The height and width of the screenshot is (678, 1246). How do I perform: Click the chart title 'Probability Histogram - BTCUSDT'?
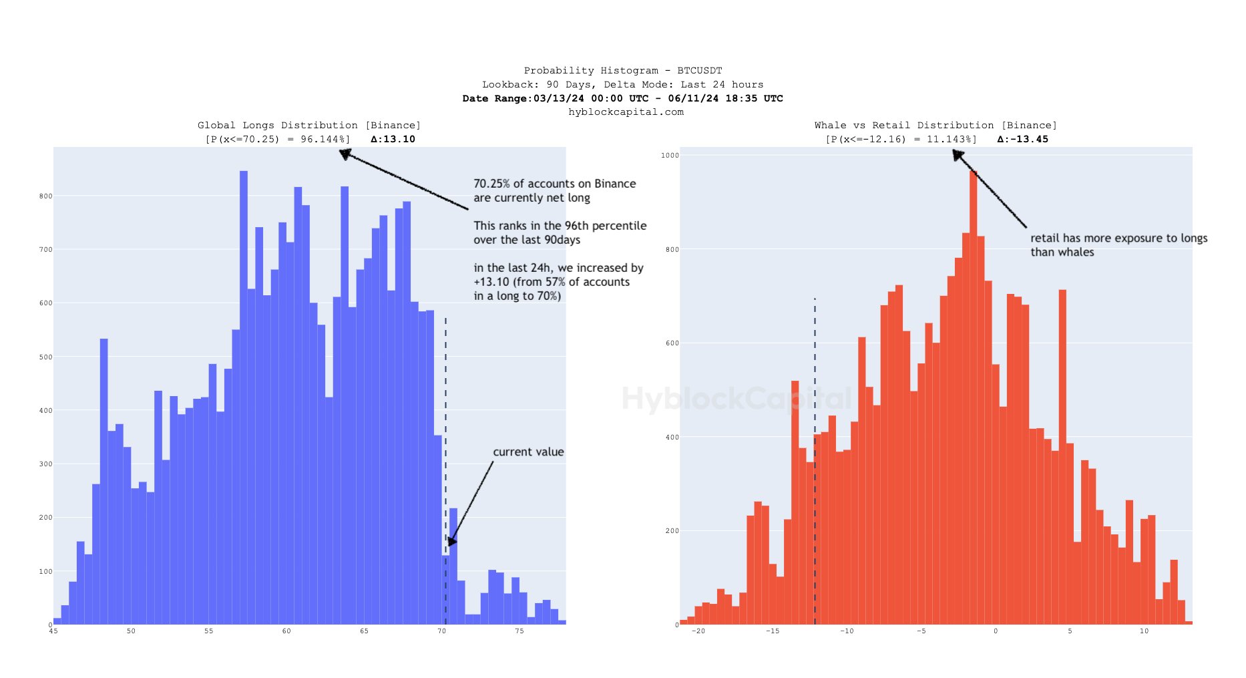622,70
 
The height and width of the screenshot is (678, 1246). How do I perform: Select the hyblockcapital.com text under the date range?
626,112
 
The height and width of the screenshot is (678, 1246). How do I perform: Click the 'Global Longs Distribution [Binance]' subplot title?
308,126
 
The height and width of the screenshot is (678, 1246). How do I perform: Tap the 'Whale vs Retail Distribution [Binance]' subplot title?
935,126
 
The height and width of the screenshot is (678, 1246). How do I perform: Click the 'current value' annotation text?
528,452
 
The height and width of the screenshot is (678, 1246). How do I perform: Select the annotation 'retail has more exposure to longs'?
1118,238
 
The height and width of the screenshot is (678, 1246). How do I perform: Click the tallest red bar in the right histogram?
974,401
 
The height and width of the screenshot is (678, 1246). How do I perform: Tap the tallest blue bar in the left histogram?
244,401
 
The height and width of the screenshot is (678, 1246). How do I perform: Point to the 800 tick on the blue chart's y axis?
45,196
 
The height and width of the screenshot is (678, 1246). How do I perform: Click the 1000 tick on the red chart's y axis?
670,156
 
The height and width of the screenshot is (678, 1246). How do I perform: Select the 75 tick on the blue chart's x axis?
520,631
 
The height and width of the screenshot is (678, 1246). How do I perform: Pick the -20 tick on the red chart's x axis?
698,631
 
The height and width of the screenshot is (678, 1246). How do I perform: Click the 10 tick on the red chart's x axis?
1144,631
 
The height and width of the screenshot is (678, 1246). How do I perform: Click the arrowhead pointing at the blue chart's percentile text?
345,154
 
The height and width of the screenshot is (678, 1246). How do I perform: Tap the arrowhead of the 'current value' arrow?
452,541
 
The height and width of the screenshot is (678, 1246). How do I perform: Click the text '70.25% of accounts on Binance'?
554,184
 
